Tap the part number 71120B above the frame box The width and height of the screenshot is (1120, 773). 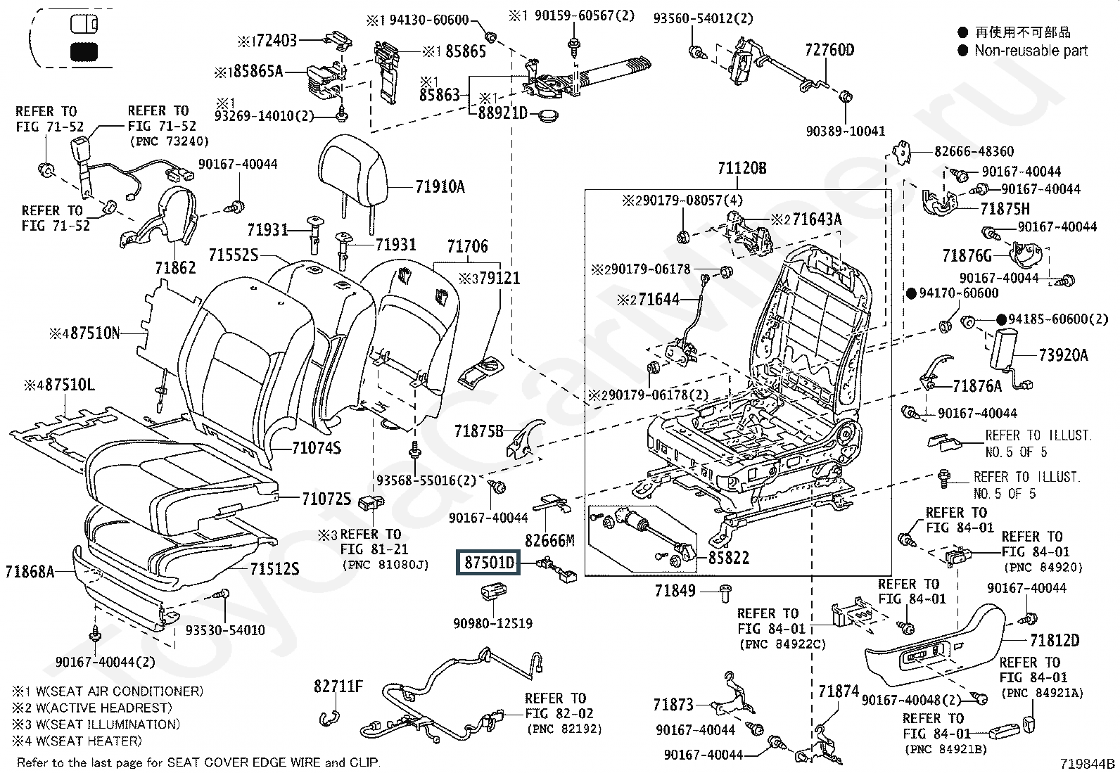pos(742,169)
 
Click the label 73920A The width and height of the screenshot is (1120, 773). pos(1063,355)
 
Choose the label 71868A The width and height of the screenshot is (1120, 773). pos(30,572)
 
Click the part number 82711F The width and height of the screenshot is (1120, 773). pos(338,686)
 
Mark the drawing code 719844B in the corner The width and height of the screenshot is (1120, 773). pos(1088,764)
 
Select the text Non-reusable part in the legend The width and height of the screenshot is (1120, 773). pos(1031,51)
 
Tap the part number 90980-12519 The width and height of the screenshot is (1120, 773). pos(492,623)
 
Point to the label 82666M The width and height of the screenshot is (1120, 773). pos(549,541)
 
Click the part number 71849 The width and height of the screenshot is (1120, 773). pos(675,591)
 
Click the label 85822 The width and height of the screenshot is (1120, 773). pos(728,558)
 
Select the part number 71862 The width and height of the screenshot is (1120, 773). pos(175,268)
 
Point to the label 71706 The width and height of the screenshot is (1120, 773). pos(467,247)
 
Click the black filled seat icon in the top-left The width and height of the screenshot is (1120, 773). pos(84,51)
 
